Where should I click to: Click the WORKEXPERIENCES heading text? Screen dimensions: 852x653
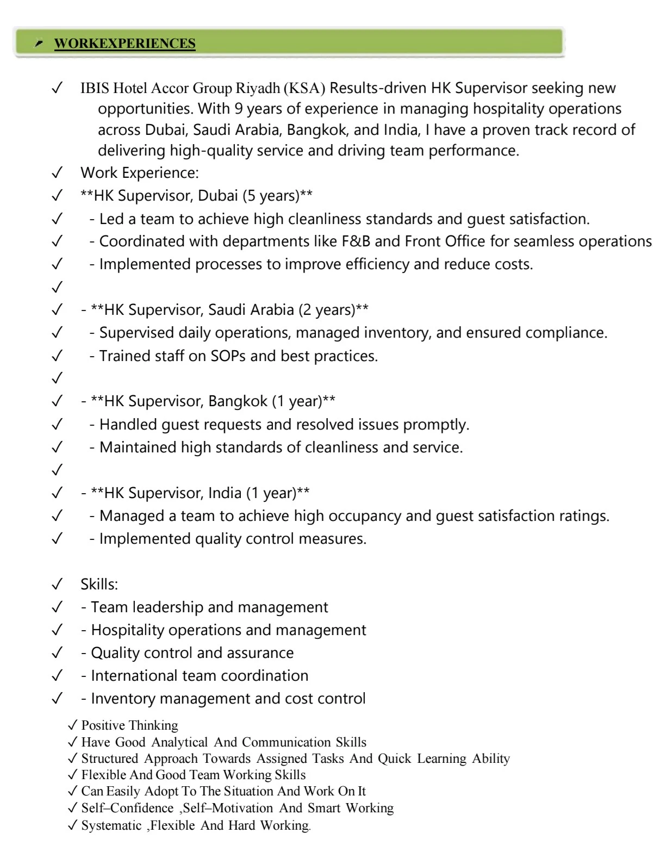125,43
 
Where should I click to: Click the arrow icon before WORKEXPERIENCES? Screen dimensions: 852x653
39,43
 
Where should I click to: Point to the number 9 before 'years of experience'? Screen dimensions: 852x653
238,108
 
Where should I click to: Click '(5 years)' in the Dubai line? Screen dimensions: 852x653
278,196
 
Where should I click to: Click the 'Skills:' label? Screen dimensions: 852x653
99,584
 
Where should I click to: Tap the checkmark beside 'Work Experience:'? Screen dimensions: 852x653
56,173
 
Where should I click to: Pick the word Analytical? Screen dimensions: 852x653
179,742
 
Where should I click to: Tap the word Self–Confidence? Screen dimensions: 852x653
127,808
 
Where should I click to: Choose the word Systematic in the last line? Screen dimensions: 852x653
111,825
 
